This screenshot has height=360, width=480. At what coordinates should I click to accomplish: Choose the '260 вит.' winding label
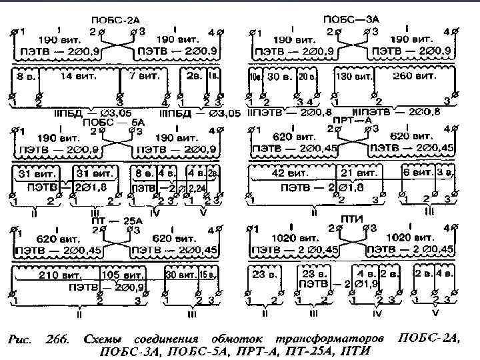click(x=413, y=77)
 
